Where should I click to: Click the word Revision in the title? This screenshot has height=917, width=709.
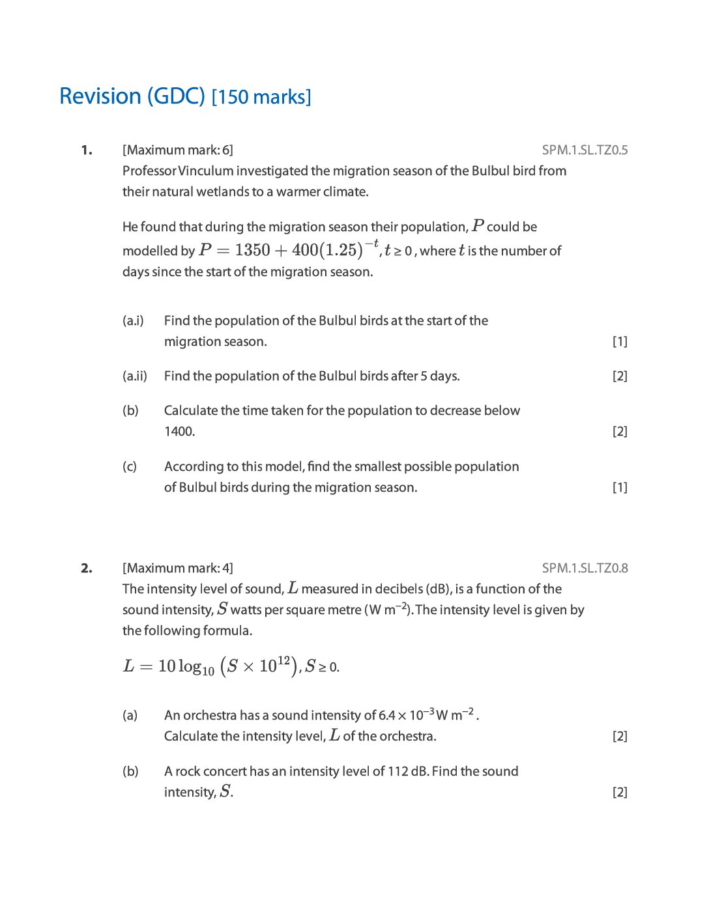[100, 96]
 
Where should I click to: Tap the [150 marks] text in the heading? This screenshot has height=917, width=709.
[261, 97]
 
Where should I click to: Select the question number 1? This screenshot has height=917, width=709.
[87, 150]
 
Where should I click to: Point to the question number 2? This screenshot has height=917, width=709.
[87, 569]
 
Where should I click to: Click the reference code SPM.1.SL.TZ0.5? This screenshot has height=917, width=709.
[585, 150]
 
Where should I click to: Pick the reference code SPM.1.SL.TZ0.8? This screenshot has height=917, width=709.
[585, 569]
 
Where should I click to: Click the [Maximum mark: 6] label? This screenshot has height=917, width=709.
[177, 150]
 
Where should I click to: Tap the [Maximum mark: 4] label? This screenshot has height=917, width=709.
[177, 569]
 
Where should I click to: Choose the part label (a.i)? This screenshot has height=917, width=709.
[133, 321]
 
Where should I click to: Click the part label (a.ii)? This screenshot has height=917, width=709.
[135, 376]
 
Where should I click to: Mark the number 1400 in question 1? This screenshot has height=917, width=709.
[179, 432]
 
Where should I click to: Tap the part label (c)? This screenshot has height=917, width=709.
[130, 467]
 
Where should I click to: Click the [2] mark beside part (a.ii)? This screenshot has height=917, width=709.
[620, 376]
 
